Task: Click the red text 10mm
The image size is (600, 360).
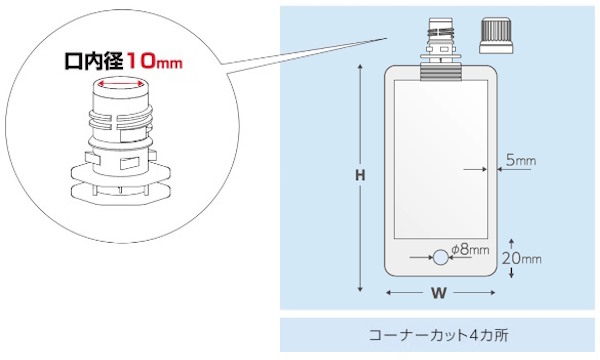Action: coord(154,61)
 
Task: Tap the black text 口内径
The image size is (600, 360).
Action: coord(94,61)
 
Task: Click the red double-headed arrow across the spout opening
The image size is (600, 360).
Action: coord(120,83)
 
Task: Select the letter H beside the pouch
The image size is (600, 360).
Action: coord(360,175)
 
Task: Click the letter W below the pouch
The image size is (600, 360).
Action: coord(439,293)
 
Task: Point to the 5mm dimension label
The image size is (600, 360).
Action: coord(521,160)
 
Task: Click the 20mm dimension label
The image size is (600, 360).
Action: coord(522,259)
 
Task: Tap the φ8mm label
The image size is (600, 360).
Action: coord(470,249)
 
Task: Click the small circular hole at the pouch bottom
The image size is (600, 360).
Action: coord(440,257)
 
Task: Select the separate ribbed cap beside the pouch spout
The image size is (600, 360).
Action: coord(496,35)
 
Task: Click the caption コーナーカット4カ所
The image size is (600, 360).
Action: coord(439,335)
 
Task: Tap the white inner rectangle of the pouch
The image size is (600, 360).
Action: coord(441,160)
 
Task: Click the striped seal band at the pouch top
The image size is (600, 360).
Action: coord(441,72)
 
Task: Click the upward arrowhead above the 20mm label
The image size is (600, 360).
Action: coord(512,242)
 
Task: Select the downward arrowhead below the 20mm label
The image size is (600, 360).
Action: coord(512,275)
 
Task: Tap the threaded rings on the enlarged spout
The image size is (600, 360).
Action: coord(121,119)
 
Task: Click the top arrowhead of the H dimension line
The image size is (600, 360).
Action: coord(360,68)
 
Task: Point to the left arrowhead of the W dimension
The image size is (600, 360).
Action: coord(388,293)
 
